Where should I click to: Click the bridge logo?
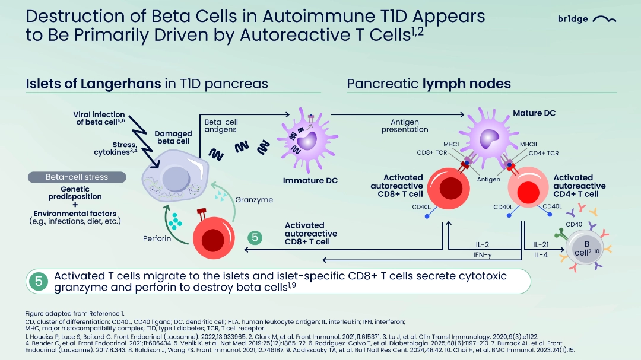[587, 19]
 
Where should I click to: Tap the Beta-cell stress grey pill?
[77, 177]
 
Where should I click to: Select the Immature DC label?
[310, 181]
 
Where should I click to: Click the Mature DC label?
[534, 113]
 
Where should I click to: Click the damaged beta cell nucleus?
[176, 179]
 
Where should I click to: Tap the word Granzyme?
[254, 200]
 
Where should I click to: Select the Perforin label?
[157, 238]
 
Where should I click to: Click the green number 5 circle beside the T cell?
[255, 237]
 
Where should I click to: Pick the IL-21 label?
[541, 245]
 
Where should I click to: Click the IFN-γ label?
[483, 255]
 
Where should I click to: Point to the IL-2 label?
[483, 245]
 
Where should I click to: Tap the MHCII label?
[528, 144]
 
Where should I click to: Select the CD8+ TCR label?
[431, 153]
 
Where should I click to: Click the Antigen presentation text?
[405, 126]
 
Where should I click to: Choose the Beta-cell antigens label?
[221, 126]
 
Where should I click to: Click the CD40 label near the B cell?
[574, 224]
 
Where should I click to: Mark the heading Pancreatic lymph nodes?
[429, 84]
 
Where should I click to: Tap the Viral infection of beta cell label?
[99, 118]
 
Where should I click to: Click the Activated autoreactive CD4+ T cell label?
[580, 186]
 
